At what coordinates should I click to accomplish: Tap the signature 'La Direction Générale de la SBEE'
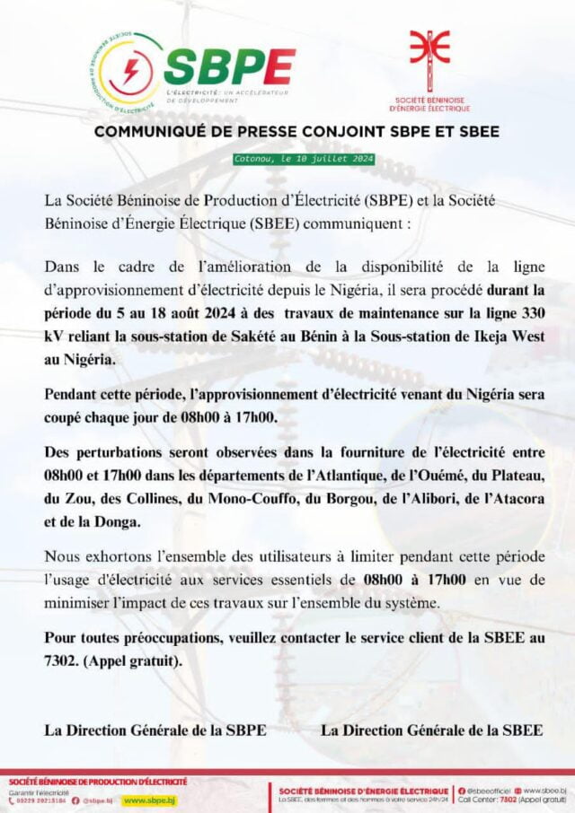pyautogui.click(x=431, y=730)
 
